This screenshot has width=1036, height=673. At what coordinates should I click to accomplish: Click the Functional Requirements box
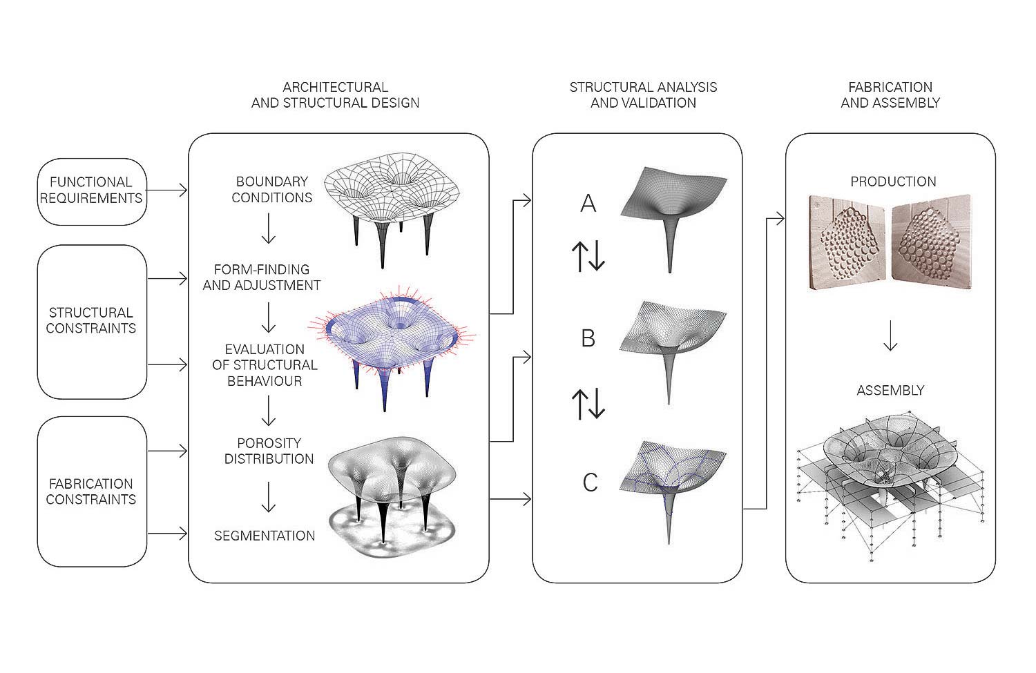[x=92, y=191]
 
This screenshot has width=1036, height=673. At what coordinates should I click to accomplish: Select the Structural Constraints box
[x=92, y=321]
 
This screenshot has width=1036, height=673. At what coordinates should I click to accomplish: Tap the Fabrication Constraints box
[x=92, y=491]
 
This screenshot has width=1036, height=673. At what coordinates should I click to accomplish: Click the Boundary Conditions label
[x=271, y=190]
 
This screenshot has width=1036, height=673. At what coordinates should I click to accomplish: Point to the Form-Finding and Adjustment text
[x=262, y=277]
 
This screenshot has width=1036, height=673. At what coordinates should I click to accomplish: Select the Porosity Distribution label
[x=269, y=451]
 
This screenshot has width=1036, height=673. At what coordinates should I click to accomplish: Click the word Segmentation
[x=265, y=536]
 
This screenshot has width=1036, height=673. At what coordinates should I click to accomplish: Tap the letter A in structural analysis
[x=588, y=203]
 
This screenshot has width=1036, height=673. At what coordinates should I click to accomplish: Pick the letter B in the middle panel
[x=588, y=338]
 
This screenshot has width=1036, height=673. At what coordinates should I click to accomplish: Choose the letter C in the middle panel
[x=590, y=482]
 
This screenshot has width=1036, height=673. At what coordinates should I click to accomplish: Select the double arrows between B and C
[x=588, y=404]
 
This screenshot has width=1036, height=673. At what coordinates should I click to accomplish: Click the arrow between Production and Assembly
[x=890, y=335]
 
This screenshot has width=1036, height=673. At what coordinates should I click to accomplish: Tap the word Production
[x=893, y=182]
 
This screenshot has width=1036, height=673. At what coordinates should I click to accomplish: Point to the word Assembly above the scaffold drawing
[x=890, y=391]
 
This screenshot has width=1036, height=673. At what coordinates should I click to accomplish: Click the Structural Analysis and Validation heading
[x=643, y=95]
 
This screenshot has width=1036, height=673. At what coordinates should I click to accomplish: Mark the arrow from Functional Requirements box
[x=167, y=191]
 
